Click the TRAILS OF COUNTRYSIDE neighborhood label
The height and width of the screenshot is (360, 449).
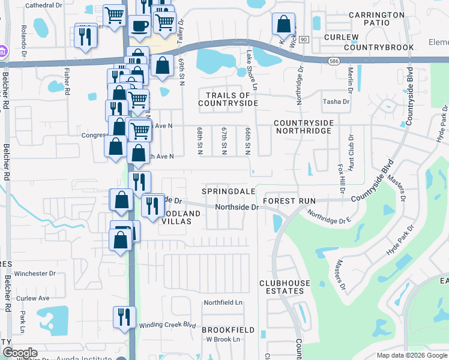tap(228, 99)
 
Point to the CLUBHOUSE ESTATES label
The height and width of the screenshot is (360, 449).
tap(285, 287)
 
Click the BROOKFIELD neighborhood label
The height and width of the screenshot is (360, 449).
tap(228, 330)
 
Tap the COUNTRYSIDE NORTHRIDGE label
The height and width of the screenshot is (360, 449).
tap(303, 127)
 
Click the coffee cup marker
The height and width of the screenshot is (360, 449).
tap(140, 27)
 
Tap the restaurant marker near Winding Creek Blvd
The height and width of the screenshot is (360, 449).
tap(124, 316)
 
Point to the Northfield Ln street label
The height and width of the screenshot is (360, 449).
tap(223, 303)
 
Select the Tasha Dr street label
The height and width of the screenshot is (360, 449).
tap(336, 102)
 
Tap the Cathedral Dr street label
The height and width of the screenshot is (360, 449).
tap(44, 5)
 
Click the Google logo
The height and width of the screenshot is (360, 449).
tap(19, 353)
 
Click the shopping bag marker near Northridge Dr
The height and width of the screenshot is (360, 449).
tap(283, 25)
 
